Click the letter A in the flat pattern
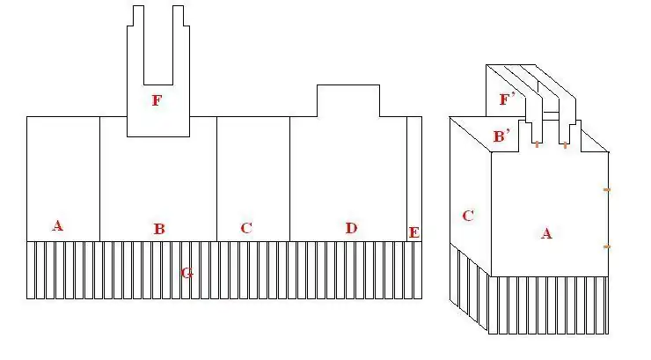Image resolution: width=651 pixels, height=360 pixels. click(x=58, y=225)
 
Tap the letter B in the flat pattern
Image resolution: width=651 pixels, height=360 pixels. click(x=159, y=228)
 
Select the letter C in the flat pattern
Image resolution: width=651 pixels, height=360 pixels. click(x=246, y=228)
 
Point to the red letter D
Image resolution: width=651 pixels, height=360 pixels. click(x=351, y=228)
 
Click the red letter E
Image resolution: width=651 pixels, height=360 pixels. click(x=414, y=232)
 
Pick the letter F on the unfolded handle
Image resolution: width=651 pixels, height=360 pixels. click(x=157, y=100)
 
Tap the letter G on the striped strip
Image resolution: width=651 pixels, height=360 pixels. click(x=187, y=273)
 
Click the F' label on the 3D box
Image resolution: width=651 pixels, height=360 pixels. click(x=507, y=99)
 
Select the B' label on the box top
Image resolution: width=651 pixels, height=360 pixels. click(x=501, y=136)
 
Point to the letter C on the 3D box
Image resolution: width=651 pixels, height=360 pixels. click(x=468, y=216)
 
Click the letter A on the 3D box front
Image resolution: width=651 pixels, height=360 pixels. click(x=546, y=233)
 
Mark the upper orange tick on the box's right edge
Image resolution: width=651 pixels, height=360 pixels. click(x=607, y=190)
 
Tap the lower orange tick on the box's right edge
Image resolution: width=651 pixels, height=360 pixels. click(x=607, y=246)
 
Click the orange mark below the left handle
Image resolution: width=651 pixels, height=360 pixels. click(x=538, y=144)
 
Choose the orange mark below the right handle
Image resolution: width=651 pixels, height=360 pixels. click(x=565, y=145)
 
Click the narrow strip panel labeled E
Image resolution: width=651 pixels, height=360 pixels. click(x=414, y=179)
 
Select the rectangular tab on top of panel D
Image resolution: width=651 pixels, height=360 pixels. click(x=348, y=101)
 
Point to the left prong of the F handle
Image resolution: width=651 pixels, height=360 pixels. click(x=135, y=45)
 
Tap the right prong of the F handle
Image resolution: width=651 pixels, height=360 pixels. click(x=181, y=45)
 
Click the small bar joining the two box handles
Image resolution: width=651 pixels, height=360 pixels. click(x=551, y=113)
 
